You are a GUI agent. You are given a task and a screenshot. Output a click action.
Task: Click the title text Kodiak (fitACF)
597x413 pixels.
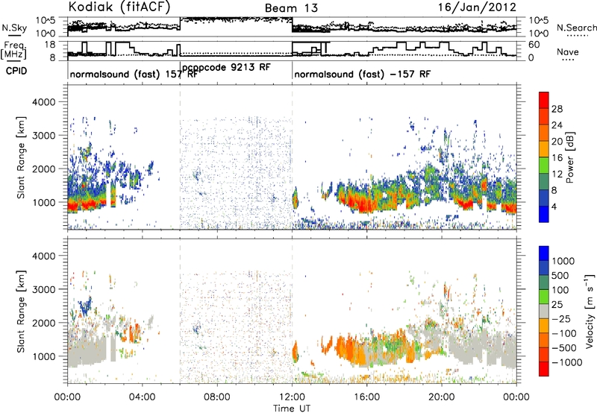point(119,7)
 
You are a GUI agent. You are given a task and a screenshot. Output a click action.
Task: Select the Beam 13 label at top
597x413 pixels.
point(291,8)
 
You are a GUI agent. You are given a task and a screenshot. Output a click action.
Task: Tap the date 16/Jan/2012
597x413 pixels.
point(477,7)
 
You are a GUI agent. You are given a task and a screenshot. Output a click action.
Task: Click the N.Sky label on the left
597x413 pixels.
point(14,28)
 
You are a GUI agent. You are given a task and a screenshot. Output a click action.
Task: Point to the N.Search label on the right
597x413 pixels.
point(576,28)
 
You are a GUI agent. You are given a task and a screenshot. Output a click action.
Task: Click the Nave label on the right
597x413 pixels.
point(567,51)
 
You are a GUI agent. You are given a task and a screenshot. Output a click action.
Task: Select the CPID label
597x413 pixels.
point(16,71)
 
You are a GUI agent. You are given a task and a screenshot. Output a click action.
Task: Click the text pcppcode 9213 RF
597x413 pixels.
point(226,68)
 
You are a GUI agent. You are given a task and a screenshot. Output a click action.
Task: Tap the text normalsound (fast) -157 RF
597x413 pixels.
point(362,74)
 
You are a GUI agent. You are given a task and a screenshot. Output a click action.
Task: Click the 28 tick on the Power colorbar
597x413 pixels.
point(556,109)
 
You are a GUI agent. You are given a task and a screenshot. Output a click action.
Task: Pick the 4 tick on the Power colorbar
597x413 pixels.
point(554,207)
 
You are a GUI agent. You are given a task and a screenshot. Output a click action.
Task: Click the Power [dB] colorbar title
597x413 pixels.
point(569,157)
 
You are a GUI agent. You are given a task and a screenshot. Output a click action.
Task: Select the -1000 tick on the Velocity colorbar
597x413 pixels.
point(566,362)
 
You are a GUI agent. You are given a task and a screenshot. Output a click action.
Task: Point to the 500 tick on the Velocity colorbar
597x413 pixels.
point(560,275)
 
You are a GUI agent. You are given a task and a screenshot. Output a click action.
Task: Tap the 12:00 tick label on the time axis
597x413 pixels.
point(292,397)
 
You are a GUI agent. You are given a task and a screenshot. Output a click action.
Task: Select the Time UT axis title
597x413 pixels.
point(292,409)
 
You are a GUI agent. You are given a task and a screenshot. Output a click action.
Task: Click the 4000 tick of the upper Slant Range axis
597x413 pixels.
point(44,102)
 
